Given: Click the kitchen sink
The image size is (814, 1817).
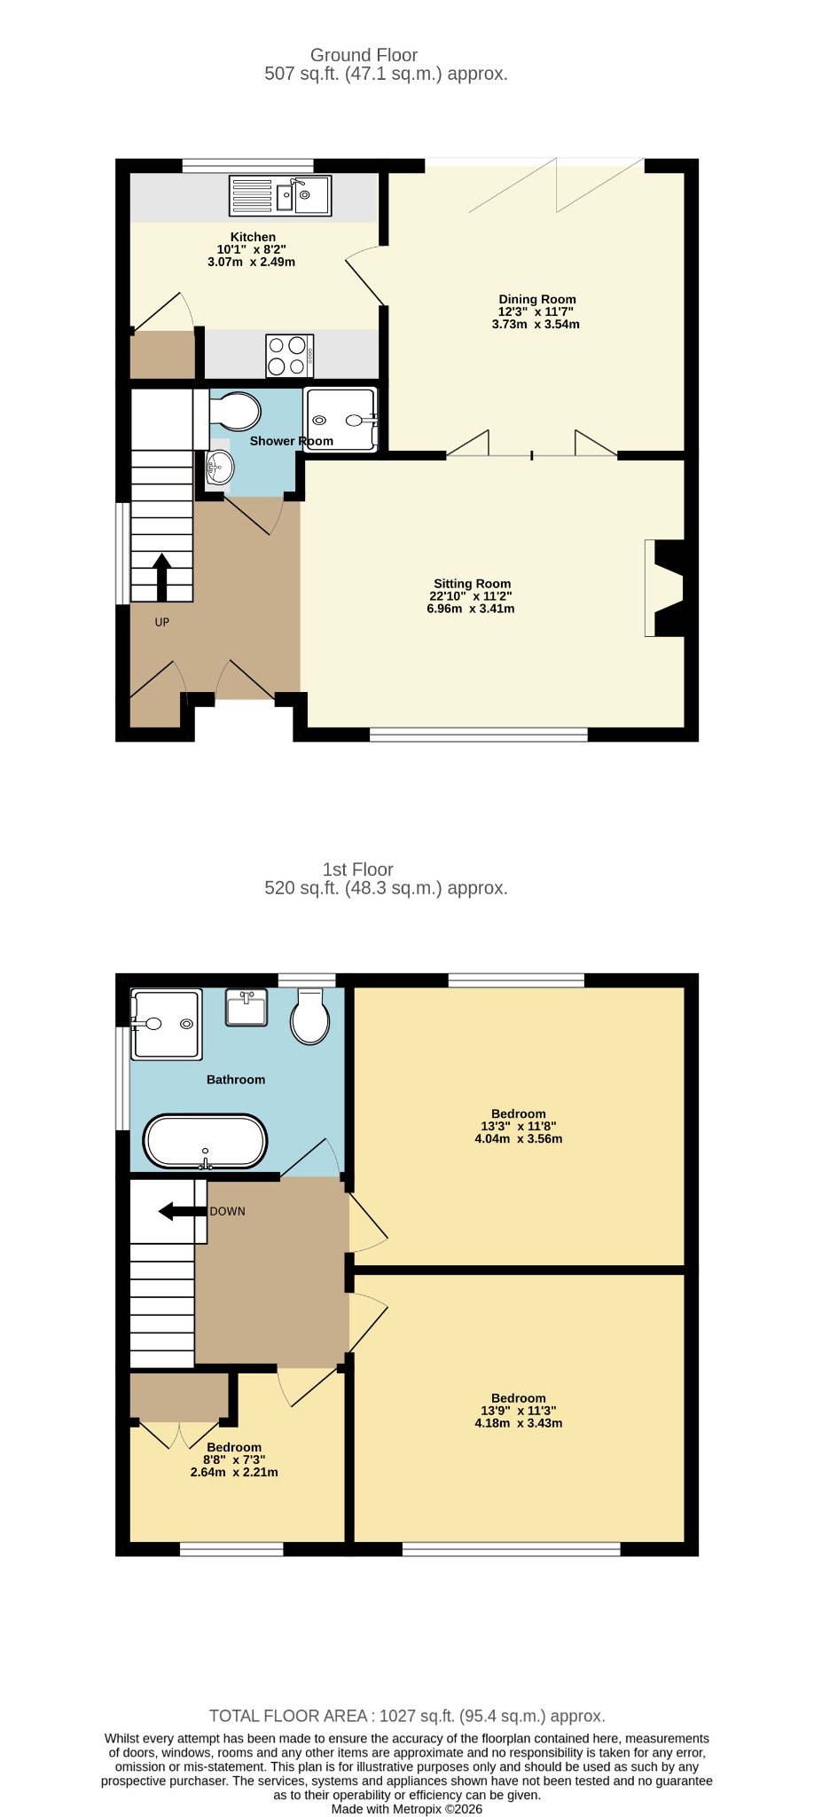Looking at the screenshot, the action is click(280, 196).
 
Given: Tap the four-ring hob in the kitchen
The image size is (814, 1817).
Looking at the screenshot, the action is click(290, 356).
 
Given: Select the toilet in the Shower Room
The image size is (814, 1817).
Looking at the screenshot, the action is click(235, 412).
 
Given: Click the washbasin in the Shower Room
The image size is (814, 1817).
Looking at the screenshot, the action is click(219, 466).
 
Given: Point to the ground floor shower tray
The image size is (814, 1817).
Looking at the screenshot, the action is click(341, 420).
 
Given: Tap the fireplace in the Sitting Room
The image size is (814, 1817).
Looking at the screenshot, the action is click(665, 588).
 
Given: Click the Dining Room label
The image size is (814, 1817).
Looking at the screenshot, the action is click(537, 300).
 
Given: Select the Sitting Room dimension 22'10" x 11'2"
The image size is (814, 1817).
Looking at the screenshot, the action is click(471, 596).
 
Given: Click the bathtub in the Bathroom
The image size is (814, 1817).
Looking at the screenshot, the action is click(205, 1141).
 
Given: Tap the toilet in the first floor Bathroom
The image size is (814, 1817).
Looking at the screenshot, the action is click(310, 1017).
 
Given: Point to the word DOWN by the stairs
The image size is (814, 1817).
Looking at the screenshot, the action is click(228, 1212).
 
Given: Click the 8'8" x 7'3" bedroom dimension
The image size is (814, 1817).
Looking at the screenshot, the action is click(234, 1459).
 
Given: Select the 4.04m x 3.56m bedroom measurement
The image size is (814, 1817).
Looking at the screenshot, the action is click(519, 1139).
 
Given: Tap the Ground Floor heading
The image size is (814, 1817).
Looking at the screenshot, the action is click(364, 55).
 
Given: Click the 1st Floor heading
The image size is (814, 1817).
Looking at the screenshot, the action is click(358, 869).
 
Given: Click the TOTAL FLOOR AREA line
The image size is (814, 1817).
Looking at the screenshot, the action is click(407, 1716).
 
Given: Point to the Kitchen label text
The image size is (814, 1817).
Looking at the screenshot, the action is click(253, 237).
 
